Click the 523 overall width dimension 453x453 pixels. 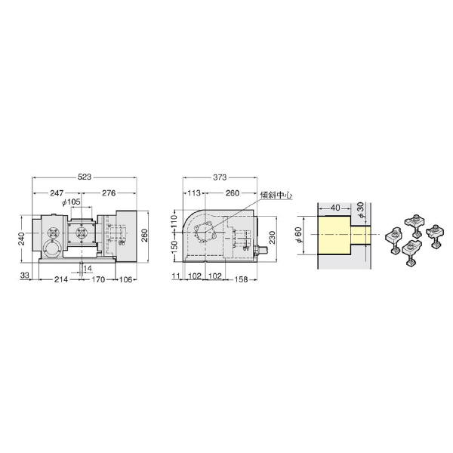85,177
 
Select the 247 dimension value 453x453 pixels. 57,193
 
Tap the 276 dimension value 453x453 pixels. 109,193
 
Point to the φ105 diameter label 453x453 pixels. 72,202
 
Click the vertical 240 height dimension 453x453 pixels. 24,239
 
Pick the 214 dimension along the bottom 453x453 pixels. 61,279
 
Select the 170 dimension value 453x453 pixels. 98,279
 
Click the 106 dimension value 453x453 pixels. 125,279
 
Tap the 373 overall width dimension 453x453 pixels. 220,177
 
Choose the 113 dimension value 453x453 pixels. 194,193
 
